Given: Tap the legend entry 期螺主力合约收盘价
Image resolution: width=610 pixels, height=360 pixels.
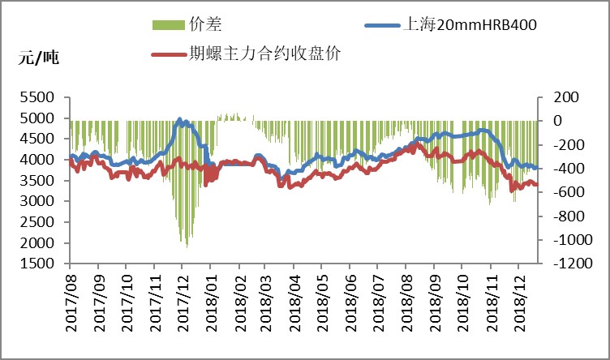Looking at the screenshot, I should (264, 55).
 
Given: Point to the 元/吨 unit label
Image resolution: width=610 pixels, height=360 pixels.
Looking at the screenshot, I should (39, 58).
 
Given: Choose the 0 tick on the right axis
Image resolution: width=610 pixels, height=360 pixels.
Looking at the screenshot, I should (556, 121).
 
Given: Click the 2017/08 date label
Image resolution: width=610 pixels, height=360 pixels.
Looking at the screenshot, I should (71, 300).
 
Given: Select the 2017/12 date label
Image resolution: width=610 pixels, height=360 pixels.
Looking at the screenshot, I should (183, 300).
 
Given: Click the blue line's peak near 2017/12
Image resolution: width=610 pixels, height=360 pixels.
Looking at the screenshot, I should (179, 119).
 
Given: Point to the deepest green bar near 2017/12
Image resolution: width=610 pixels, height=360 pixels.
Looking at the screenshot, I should (187, 246).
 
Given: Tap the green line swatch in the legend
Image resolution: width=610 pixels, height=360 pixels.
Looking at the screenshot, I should (169, 26).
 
